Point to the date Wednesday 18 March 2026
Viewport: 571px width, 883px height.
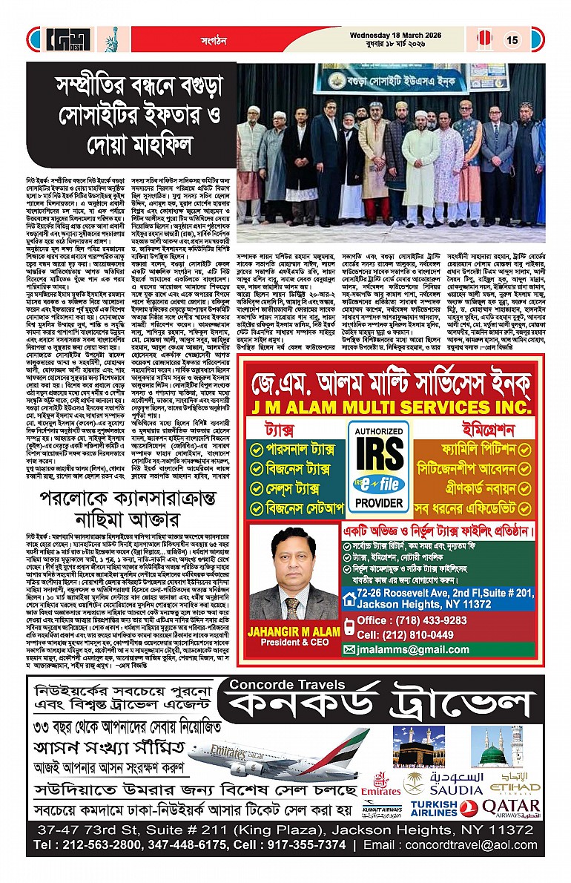click(x=397, y=34)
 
